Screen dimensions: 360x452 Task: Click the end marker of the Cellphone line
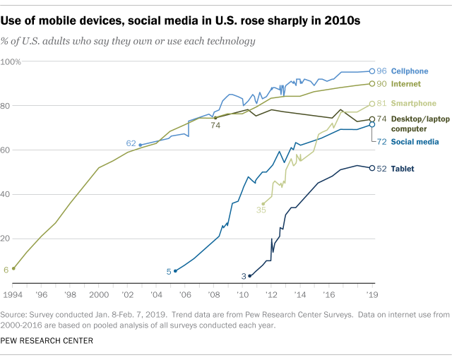(x=372, y=71)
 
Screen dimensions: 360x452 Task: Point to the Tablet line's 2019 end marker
(x=372, y=168)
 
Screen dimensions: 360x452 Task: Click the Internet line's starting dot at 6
(x=13, y=268)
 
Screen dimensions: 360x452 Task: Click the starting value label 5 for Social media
(x=169, y=271)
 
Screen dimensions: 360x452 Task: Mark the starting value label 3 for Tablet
(x=244, y=276)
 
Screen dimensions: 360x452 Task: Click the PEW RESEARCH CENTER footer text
(x=52, y=341)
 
